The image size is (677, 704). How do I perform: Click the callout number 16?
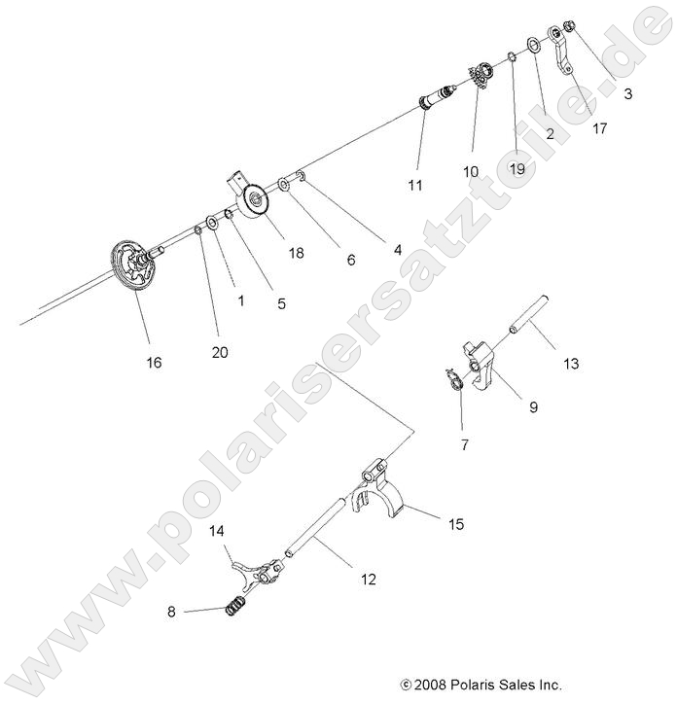(154, 363)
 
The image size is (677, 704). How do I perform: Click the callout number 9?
(505, 408)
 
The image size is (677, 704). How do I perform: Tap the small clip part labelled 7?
(451, 377)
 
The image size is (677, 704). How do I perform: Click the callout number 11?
(415, 185)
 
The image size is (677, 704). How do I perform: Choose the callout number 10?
(471, 171)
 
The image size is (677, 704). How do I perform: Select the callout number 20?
(220, 352)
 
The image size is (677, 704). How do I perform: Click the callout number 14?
(217, 531)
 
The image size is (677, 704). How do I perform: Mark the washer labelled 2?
(535, 45)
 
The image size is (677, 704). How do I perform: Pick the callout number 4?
(397, 250)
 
